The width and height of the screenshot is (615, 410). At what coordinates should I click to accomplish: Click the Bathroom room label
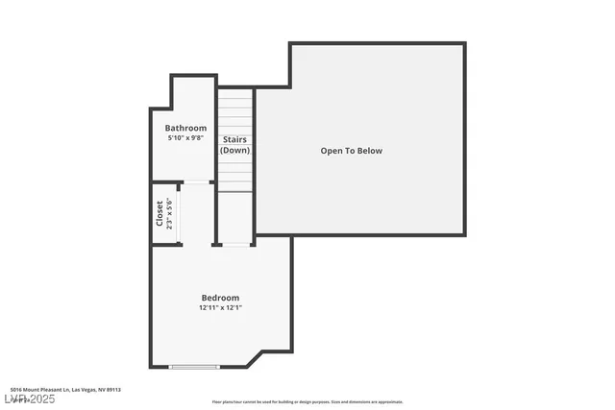[185, 128]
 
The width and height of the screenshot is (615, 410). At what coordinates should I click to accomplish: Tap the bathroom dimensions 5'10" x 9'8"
[185, 138]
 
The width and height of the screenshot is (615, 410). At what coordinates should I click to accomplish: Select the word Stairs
[235, 139]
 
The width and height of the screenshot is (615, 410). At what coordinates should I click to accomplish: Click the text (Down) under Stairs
[235, 150]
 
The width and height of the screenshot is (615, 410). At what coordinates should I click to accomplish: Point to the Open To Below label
[351, 151]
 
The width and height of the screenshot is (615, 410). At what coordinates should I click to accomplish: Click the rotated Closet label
[160, 213]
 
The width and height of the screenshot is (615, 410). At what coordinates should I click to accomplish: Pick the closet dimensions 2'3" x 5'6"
[170, 213]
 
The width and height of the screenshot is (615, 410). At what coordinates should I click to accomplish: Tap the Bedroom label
[220, 298]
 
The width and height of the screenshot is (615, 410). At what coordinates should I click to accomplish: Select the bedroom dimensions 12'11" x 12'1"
[220, 308]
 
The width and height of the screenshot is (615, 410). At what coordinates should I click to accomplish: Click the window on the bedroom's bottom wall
[194, 367]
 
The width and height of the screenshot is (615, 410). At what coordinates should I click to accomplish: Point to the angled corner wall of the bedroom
[256, 358]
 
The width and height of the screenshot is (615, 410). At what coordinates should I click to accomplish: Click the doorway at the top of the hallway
[198, 182]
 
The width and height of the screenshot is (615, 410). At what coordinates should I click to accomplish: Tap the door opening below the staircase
[235, 245]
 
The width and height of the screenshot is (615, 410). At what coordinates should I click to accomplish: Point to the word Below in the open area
[369, 151]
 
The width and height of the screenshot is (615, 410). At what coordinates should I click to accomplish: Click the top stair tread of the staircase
[235, 93]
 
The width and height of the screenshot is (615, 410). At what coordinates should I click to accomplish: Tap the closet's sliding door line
[181, 213]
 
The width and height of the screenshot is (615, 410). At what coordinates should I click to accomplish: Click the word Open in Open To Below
[332, 151]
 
